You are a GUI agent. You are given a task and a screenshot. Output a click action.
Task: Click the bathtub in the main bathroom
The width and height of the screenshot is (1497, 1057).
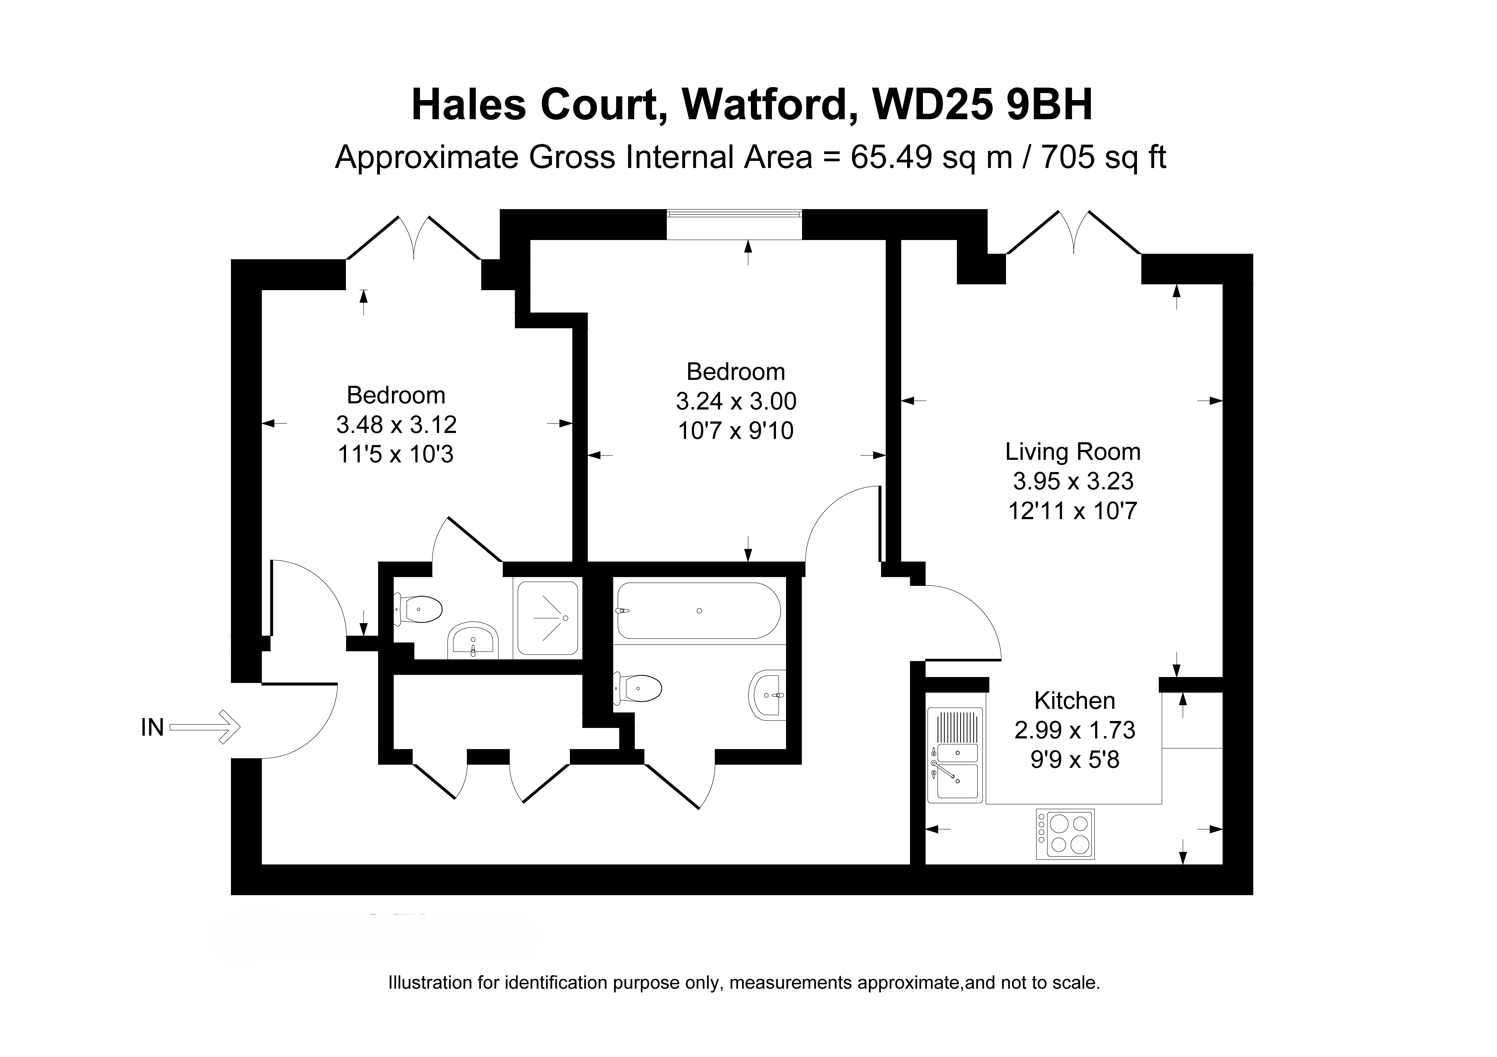click(698, 611)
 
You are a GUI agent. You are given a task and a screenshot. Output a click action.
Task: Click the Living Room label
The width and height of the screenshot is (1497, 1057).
click(1072, 452)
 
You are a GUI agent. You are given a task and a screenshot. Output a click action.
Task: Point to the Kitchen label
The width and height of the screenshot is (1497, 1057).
click(1074, 701)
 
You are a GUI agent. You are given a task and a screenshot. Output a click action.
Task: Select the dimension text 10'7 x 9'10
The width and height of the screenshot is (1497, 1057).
click(736, 431)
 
